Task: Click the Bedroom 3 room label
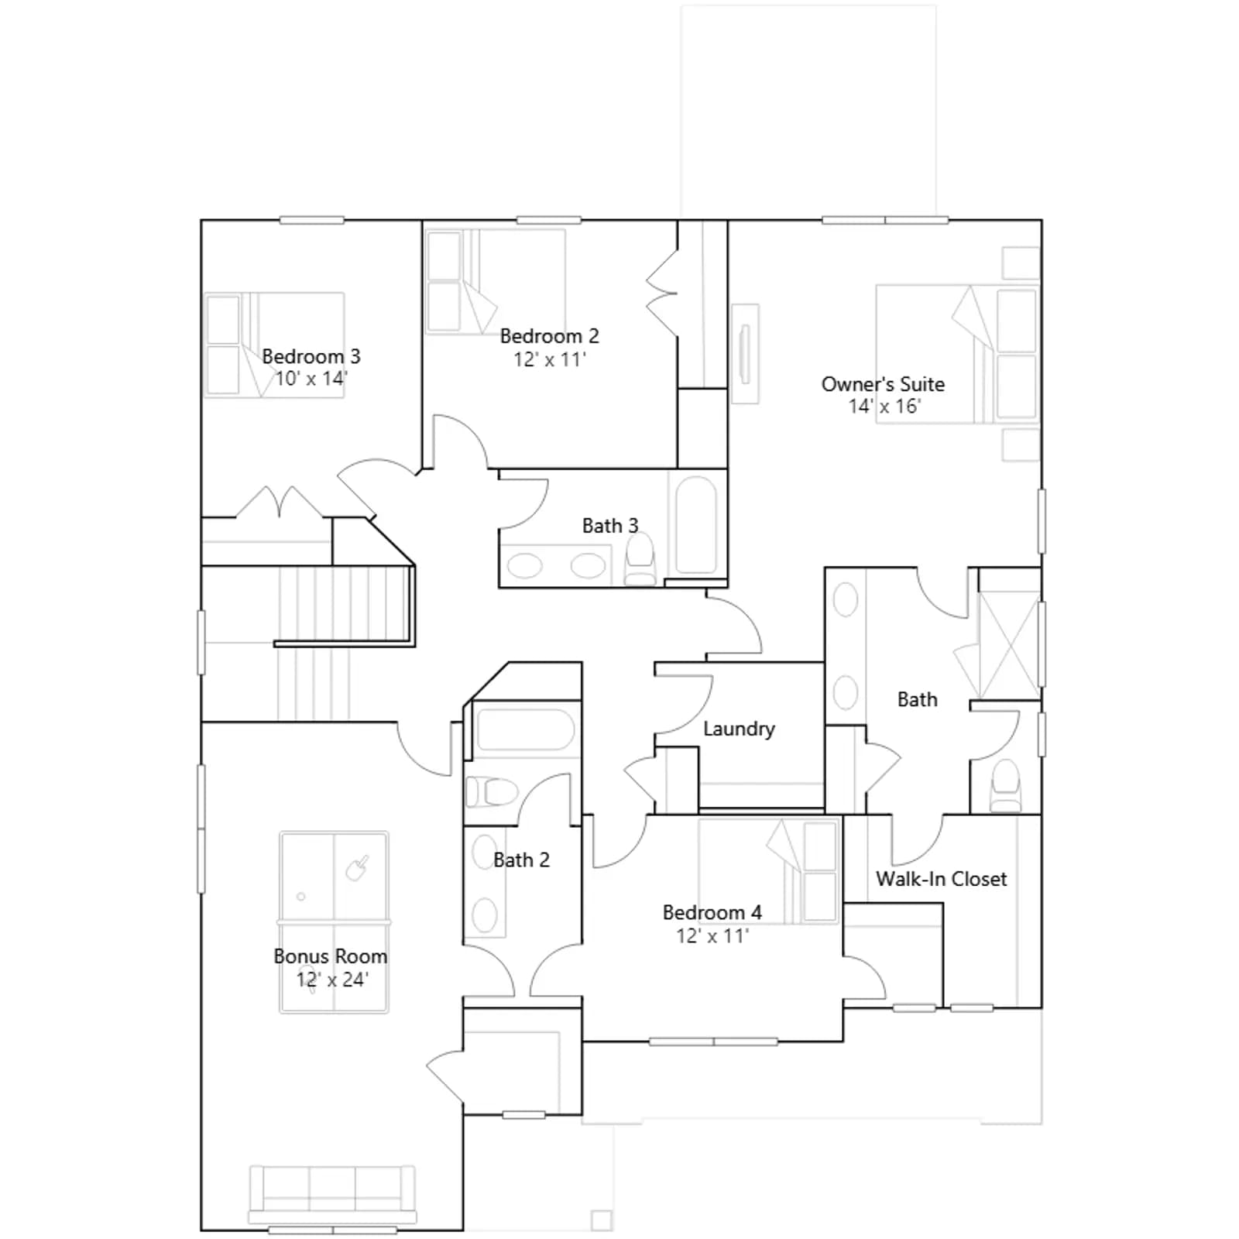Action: pyautogui.click(x=311, y=356)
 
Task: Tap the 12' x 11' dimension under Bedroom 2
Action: pyautogui.click(x=550, y=359)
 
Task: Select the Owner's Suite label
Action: pyautogui.click(x=883, y=384)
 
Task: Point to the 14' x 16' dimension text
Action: pyautogui.click(x=884, y=407)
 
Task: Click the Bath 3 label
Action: pyautogui.click(x=610, y=526)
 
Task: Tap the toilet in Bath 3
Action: pyautogui.click(x=640, y=559)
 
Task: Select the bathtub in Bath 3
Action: pyautogui.click(x=695, y=524)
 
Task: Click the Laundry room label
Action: pyautogui.click(x=739, y=729)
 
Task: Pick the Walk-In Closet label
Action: pyautogui.click(x=941, y=879)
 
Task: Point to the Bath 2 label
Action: pyautogui.click(x=521, y=860)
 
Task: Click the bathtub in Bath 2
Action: pyautogui.click(x=525, y=729)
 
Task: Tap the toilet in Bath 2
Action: pyautogui.click(x=492, y=792)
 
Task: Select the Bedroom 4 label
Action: pyautogui.click(x=712, y=912)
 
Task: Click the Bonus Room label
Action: pyautogui.click(x=330, y=956)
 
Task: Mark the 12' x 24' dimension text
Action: pyautogui.click(x=332, y=980)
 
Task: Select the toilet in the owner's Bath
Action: pyautogui.click(x=1006, y=784)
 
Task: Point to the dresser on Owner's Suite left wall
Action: pyautogui.click(x=745, y=354)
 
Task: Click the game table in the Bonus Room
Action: pyautogui.click(x=334, y=922)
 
